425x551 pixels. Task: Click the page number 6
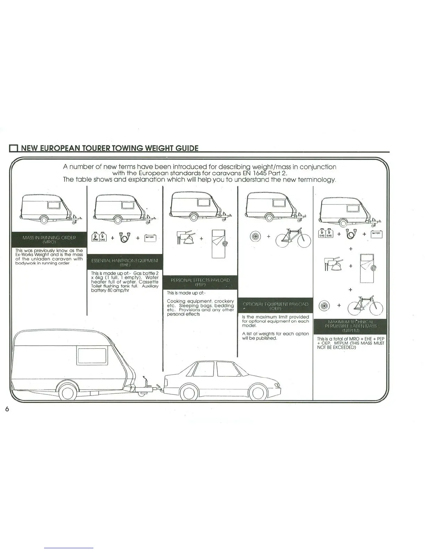[x=7, y=408]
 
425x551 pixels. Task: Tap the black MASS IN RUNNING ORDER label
[x=49, y=239]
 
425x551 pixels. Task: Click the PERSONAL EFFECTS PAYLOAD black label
[x=200, y=282]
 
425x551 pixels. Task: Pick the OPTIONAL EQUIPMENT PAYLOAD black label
[x=275, y=306]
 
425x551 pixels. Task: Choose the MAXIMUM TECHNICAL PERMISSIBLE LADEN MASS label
[x=350, y=326]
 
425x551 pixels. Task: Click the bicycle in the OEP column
[x=293, y=238]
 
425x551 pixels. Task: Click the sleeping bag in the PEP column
[x=219, y=243]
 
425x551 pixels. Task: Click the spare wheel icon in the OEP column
[x=256, y=237]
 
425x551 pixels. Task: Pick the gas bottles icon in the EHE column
[x=98, y=238]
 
